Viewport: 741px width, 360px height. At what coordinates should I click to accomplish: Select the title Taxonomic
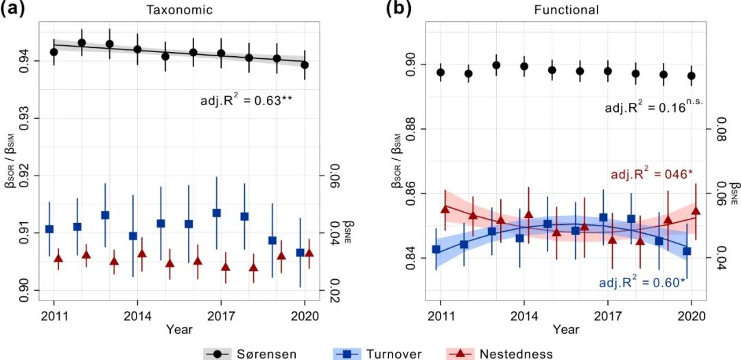point(178,10)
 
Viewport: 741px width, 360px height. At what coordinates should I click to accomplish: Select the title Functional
point(566,10)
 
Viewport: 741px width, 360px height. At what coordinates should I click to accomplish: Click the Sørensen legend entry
point(250,354)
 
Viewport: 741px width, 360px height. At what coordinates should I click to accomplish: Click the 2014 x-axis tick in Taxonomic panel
point(137,317)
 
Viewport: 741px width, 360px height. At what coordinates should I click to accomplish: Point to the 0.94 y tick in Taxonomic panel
point(23,60)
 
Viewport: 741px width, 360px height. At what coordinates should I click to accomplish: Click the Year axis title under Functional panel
point(567,330)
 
